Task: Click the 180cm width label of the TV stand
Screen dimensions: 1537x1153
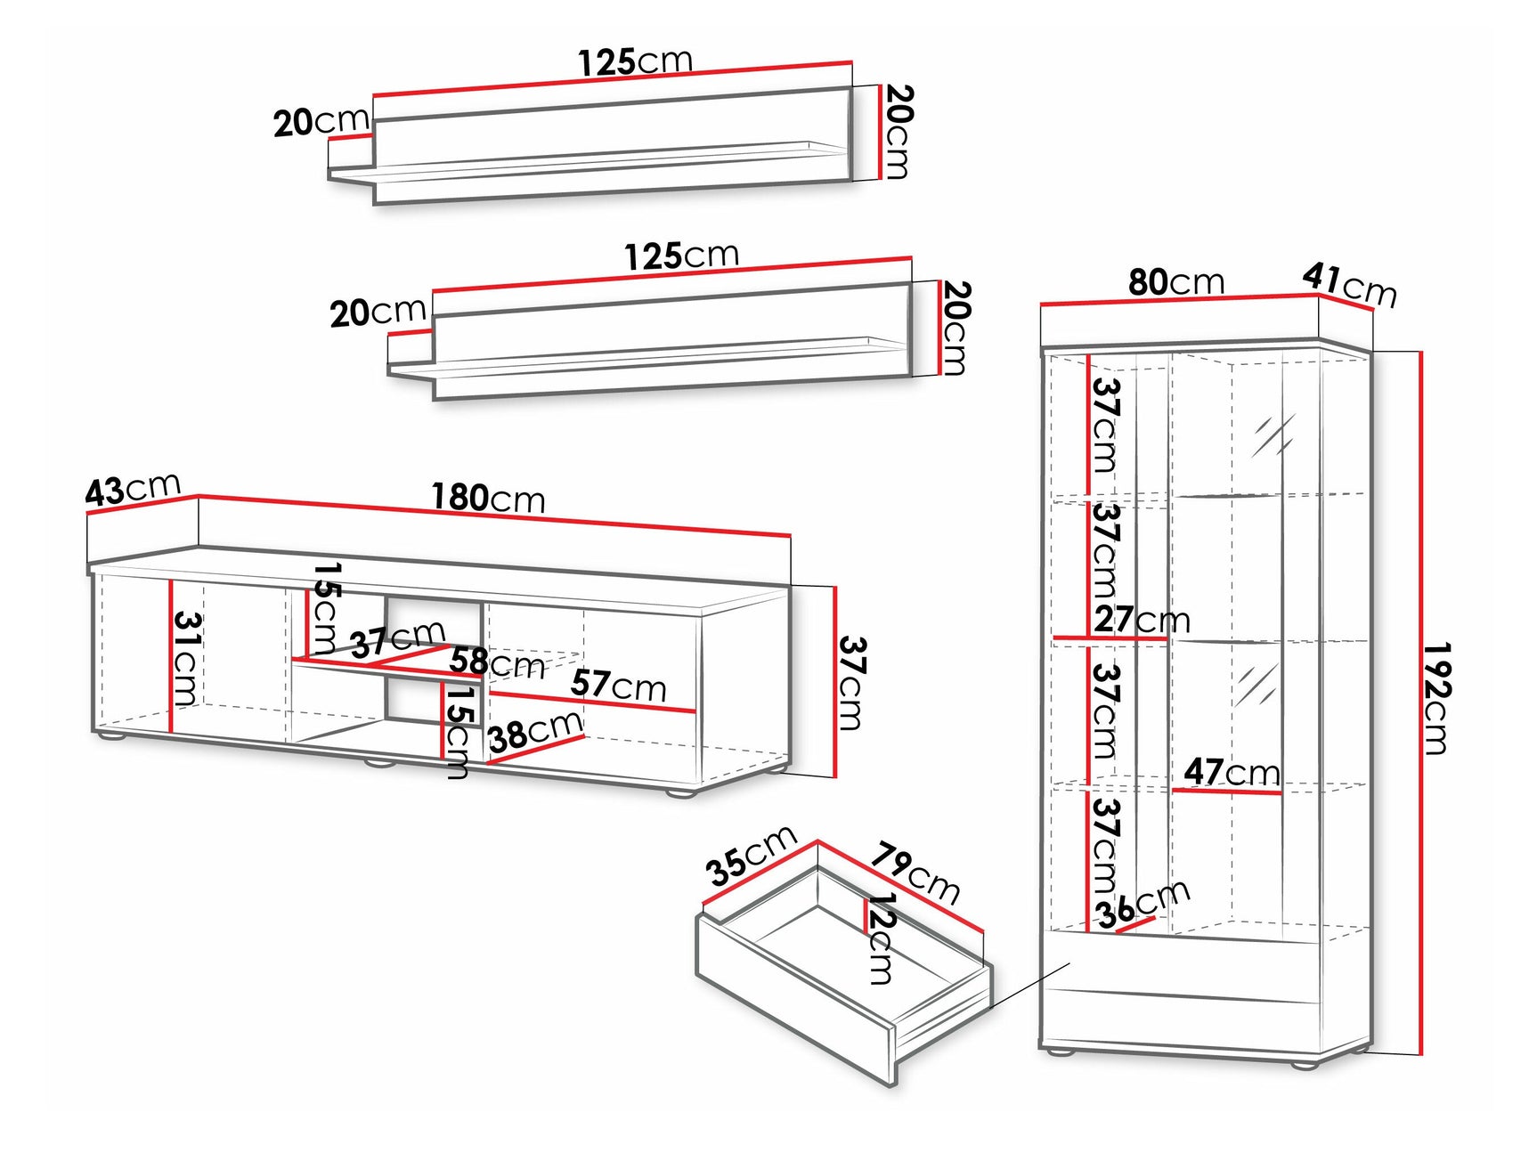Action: [488, 498]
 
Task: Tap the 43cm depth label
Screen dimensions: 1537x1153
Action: [133, 489]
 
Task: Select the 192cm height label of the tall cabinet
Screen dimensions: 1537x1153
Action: [1435, 699]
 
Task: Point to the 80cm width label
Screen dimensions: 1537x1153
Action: [1176, 282]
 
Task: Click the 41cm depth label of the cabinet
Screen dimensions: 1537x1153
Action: [1349, 284]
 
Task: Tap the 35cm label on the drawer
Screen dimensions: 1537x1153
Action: [752, 856]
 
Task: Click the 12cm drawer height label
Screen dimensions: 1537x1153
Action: [880, 938]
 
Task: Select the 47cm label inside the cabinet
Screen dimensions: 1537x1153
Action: [1232, 772]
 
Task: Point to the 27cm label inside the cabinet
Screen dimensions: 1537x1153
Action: [1142, 620]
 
